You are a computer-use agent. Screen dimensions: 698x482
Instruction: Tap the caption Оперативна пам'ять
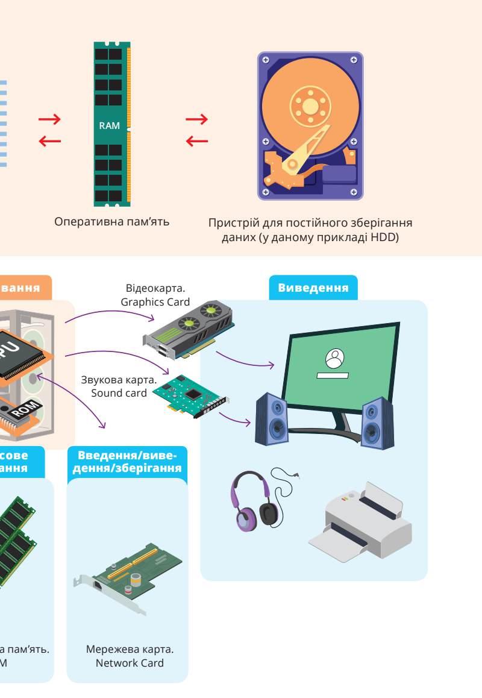coord(112,221)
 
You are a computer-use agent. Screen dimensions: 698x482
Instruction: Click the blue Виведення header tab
coord(313,288)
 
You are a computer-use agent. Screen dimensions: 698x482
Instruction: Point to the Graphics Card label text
coord(155,301)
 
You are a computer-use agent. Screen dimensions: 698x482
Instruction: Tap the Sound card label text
coord(119,393)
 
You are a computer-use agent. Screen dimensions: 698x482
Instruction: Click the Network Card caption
coord(130,663)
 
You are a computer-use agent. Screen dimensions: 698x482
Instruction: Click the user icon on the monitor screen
coord(333,359)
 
